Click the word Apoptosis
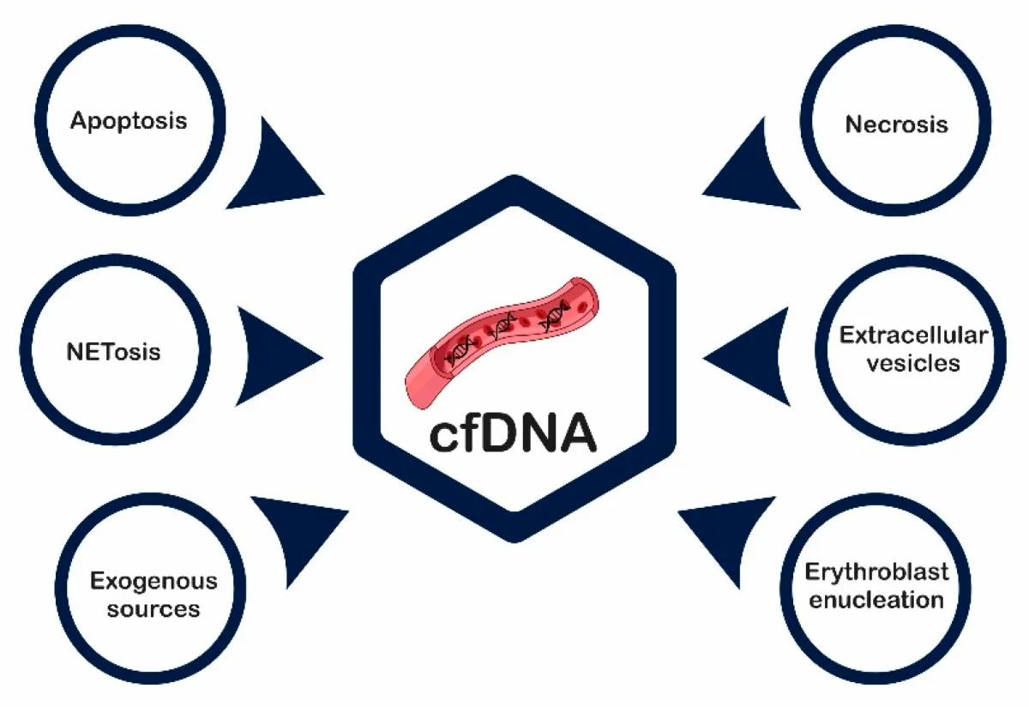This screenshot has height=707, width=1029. [129, 119]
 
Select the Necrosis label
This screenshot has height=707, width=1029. [897, 124]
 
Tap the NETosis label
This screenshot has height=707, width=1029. [112, 352]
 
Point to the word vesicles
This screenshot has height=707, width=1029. [912, 363]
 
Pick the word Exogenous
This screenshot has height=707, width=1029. [153, 581]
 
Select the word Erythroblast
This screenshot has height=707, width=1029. [876, 571]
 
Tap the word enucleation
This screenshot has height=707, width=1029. [876, 599]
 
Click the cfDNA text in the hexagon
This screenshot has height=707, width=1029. [512, 434]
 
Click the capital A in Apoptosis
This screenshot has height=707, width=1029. [81, 119]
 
